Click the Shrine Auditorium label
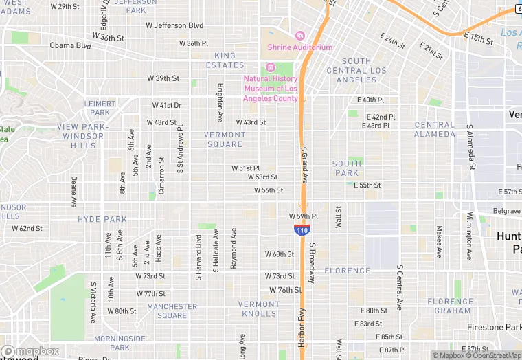[x=300, y=47]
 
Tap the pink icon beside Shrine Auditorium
[x=299, y=36]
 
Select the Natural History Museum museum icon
[x=270, y=67]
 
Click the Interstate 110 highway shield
[x=301, y=230]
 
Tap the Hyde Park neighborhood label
[x=102, y=219]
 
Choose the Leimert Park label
[x=100, y=108]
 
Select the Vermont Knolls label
[x=259, y=308]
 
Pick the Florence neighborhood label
[x=347, y=271]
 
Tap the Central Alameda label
[x=434, y=129]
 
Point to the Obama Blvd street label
[x=70, y=46]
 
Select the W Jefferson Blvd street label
[x=174, y=25]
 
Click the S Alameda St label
[x=471, y=146]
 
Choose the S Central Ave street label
[x=398, y=286]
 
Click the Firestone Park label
[x=493, y=327]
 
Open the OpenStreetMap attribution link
[x=493, y=355]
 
